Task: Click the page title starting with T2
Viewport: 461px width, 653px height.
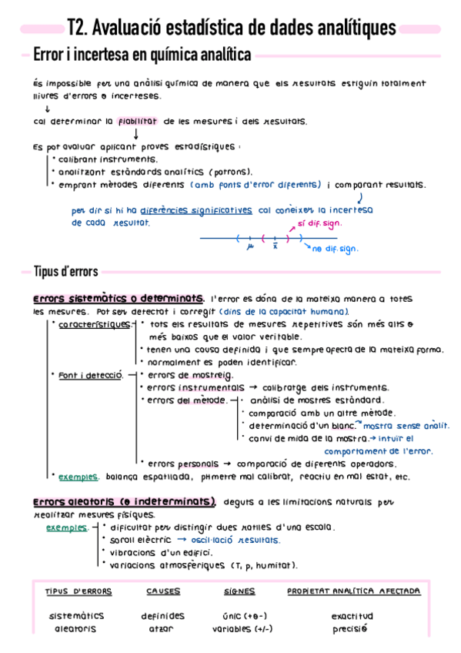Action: click(x=231, y=28)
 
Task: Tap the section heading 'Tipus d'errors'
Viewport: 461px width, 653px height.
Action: click(x=65, y=271)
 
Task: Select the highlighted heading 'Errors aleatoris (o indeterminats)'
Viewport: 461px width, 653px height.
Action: click(x=125, y=501)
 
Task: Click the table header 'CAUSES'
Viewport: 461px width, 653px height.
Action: click(x=163, y=591)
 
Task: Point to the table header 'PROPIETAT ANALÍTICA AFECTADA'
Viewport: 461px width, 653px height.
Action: click(x=353, y=591)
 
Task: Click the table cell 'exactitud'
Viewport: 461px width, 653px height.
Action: click(x=352, y=616)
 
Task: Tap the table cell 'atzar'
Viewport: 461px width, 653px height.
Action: click(x=162, y=628)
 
